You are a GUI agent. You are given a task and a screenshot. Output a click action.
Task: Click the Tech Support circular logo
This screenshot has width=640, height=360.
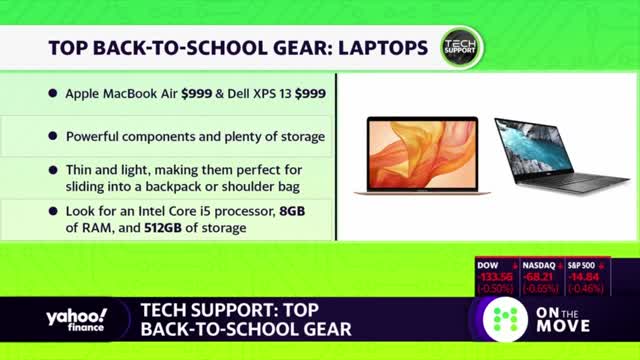point(461,47)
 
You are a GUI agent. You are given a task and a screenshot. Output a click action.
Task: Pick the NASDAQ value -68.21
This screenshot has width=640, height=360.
point(540,278)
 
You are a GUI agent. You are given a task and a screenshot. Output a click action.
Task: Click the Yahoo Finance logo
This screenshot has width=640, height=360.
point(74,319)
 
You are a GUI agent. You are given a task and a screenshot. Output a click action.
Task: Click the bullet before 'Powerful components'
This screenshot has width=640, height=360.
point(53,135)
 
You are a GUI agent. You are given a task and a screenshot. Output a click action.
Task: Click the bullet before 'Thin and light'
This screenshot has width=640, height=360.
point(53,170)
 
